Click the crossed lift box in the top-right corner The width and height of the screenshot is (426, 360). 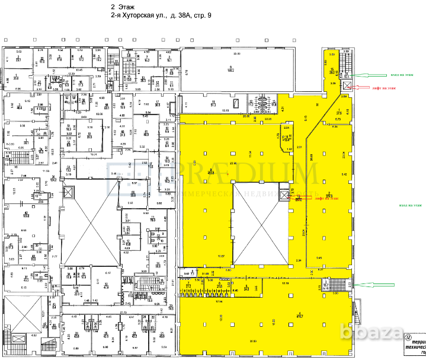tap(347, 87)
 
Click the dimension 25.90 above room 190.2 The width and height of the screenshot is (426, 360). tap(237, 54)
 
